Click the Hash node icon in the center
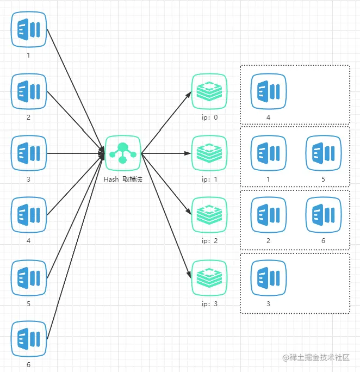click(x=123, y=153)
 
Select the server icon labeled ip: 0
click(x=209, y=91)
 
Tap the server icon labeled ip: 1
click(x=209, y=153)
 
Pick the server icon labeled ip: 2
click(x=209, y=215)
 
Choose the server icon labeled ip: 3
click(x=209, y=278)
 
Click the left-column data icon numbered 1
click(x=29, y=29)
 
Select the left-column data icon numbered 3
click(x=29, y=153)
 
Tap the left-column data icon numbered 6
click(x=29, y=339)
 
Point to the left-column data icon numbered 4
click(x=29, y=215)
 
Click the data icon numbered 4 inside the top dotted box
click(x=268, y=91)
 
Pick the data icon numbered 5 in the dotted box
click(x=324, y=153)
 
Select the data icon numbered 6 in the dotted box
click(x=324, y=215)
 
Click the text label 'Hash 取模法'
click(x=123, y=179)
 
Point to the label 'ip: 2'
click(x=209, y=241)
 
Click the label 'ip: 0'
click(x=209, y=117)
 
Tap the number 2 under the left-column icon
click(x=29, y=117)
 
